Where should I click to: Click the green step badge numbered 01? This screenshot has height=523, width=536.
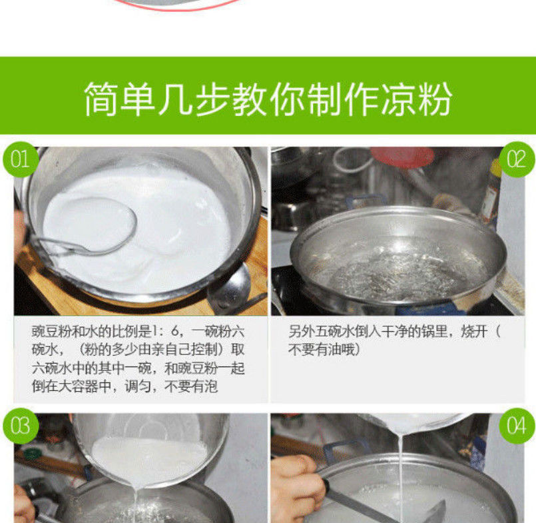point(21,159)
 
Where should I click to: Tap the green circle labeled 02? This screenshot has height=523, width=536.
point(517,159)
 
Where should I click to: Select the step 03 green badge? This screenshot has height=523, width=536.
point(21,426)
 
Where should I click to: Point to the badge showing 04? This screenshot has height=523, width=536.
point(517,426)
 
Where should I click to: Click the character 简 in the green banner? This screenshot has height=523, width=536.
point(101,99)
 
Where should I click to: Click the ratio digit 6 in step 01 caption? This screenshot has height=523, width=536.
point(174,331)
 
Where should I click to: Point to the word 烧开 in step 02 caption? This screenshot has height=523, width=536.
point(474,331)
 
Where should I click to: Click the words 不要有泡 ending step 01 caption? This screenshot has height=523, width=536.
point(190,386)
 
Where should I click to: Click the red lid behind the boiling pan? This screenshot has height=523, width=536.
point(402,157)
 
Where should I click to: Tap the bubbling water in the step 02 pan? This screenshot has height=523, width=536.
point(397,274)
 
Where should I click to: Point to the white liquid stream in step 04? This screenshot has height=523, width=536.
point(400,476)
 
